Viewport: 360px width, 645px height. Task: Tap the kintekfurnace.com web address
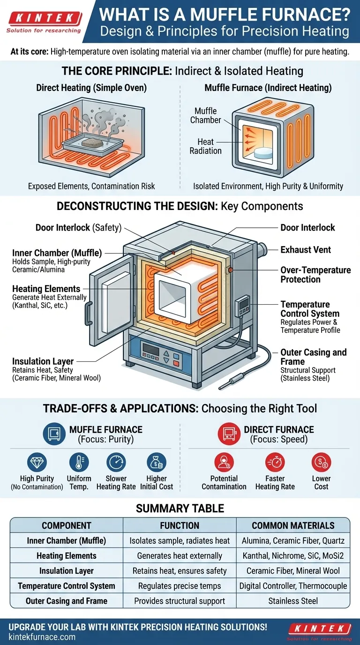pyautogui.click(x=41, y=637)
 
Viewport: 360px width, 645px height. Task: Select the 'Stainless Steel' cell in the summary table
pyautogui.click(x=293, y=600)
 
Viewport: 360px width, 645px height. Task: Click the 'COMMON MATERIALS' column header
pyautogui.click(x=293, y=525)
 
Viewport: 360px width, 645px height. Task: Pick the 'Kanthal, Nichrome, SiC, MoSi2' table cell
pyautogui.click(x=293, y=555)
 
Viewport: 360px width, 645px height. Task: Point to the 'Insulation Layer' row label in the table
pyautogui.click(x=66, y=570)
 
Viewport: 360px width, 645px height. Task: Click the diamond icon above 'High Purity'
pyautogui.click(x=37, y=462)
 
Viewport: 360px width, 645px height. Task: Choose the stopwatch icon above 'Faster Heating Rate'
pyautogui.click(x=275, y=462)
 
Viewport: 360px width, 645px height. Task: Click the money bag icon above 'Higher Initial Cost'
pyautogui.click(x=156, y=462)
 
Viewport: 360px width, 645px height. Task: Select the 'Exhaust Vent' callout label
pyautogui.click(x=306, y=250)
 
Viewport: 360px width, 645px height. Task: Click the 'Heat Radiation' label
pyautogui.click(x=205, y=146)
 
